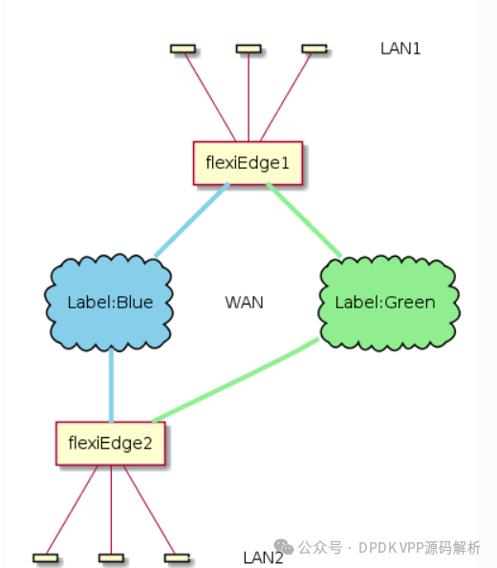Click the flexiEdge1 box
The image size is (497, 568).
click(248, 163)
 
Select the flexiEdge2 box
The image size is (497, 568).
click(110, 443)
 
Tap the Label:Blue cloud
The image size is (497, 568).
click(109, 303)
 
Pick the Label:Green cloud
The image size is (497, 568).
click(389, 304)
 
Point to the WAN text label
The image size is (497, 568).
click(244, 303)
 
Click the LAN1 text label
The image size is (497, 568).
click(400, 49)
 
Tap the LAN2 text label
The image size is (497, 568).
click(263, 557)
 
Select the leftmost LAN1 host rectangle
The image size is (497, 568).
click(183, 49)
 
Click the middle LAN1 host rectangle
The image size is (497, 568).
click(248, 49)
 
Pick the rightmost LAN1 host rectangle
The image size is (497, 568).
click(314, 49)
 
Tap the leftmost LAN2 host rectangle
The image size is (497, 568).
click(45, 557)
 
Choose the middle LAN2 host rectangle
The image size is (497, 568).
click(111, 557)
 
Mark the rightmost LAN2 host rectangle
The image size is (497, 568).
click(177, 557)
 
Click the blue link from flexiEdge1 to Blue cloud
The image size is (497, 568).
click(192, 220)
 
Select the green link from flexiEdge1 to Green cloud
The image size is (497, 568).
click(304, 220)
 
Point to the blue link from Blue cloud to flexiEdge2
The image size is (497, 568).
click(111, 386)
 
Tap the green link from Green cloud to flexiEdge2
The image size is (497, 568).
click(235, 380)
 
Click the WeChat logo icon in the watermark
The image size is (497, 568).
click(283, 547)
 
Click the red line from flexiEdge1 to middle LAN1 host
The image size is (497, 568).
click(248, 97)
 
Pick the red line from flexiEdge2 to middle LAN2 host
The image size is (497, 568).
click(111, 510)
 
